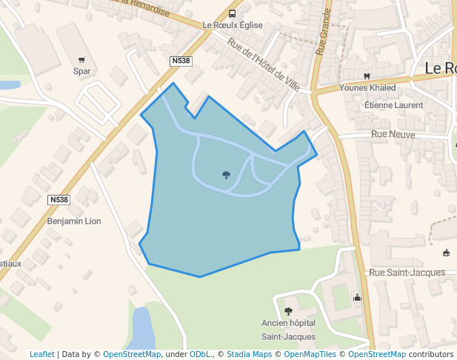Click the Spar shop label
coord(81,71)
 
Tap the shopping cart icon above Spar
coord(81,59)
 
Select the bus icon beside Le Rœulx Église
coord(233,13)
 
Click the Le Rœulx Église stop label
coord(233,25)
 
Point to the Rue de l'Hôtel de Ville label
coord(264,64)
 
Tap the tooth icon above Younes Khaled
coord(366,76)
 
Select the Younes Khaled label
coord(367,87)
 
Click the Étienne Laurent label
coord(393,105)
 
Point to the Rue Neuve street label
coord(394,134)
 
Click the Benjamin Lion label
coord(73,221)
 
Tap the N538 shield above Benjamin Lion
coord(59,200)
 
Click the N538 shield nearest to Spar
coord(180,61)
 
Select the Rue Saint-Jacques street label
coord(407,272)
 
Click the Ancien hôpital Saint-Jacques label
coord(288,330)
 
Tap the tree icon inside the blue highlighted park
coord(226,176)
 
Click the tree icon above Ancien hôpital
coord(288,312)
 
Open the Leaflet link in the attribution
coord(42,354)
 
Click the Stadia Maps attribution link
coord(249,354)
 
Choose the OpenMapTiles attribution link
coord(307,354)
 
